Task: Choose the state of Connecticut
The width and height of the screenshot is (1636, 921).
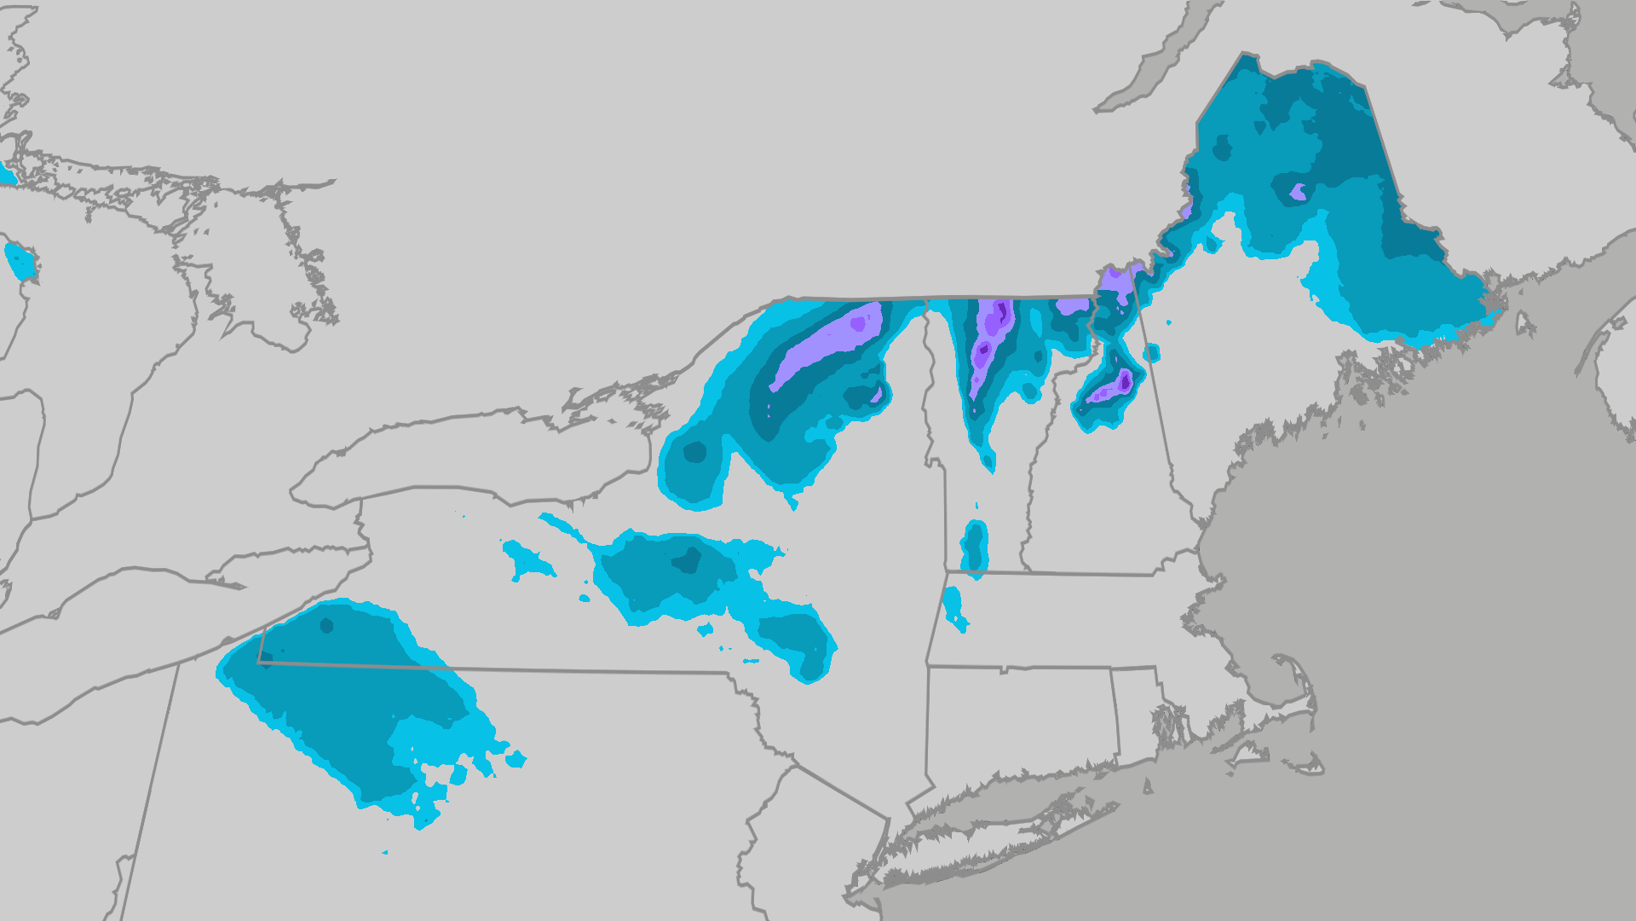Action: click(x=1022, y=716)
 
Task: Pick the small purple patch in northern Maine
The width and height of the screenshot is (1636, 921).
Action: click(x=1298, y=191)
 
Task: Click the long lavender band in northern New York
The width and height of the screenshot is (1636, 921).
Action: click(x=822, y=345)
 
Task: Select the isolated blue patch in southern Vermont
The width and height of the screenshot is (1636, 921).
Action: click(x=974, y=546)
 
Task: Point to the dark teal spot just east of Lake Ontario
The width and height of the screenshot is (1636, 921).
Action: click(x=694, y=452)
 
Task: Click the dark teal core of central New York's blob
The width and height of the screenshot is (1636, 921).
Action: click(x=686, y=560)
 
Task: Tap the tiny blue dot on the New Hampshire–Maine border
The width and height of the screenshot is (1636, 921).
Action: click(x=1151, y=351)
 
